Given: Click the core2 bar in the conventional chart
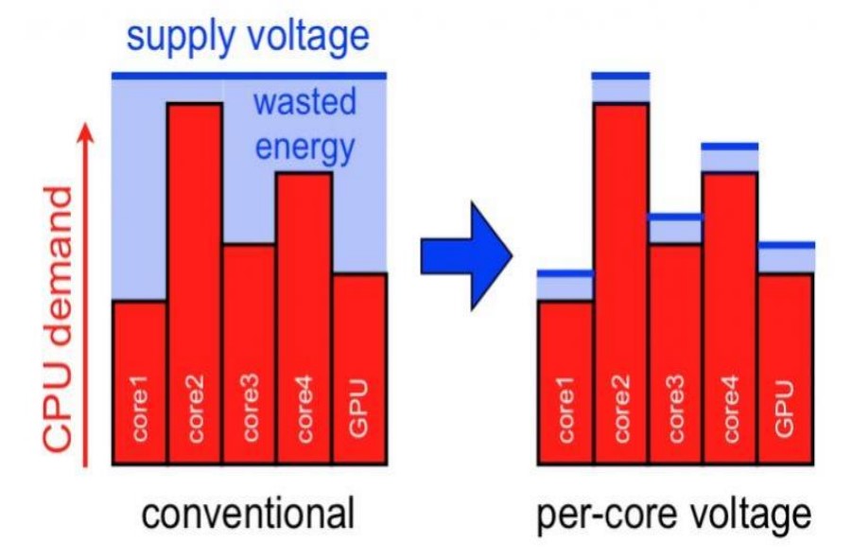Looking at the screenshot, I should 195,284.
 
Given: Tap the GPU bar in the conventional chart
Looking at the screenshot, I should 359,369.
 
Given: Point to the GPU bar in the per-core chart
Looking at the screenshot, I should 785,369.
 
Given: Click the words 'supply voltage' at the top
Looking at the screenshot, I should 248,36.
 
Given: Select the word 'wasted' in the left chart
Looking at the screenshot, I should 304,102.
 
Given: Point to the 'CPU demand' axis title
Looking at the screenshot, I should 59,318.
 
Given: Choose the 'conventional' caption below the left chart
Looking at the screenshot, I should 249,515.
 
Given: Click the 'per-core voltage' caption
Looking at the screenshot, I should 673,515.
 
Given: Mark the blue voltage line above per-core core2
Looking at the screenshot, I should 620,75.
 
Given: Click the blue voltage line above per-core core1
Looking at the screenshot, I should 565,273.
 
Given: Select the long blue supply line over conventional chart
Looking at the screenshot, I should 249,75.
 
